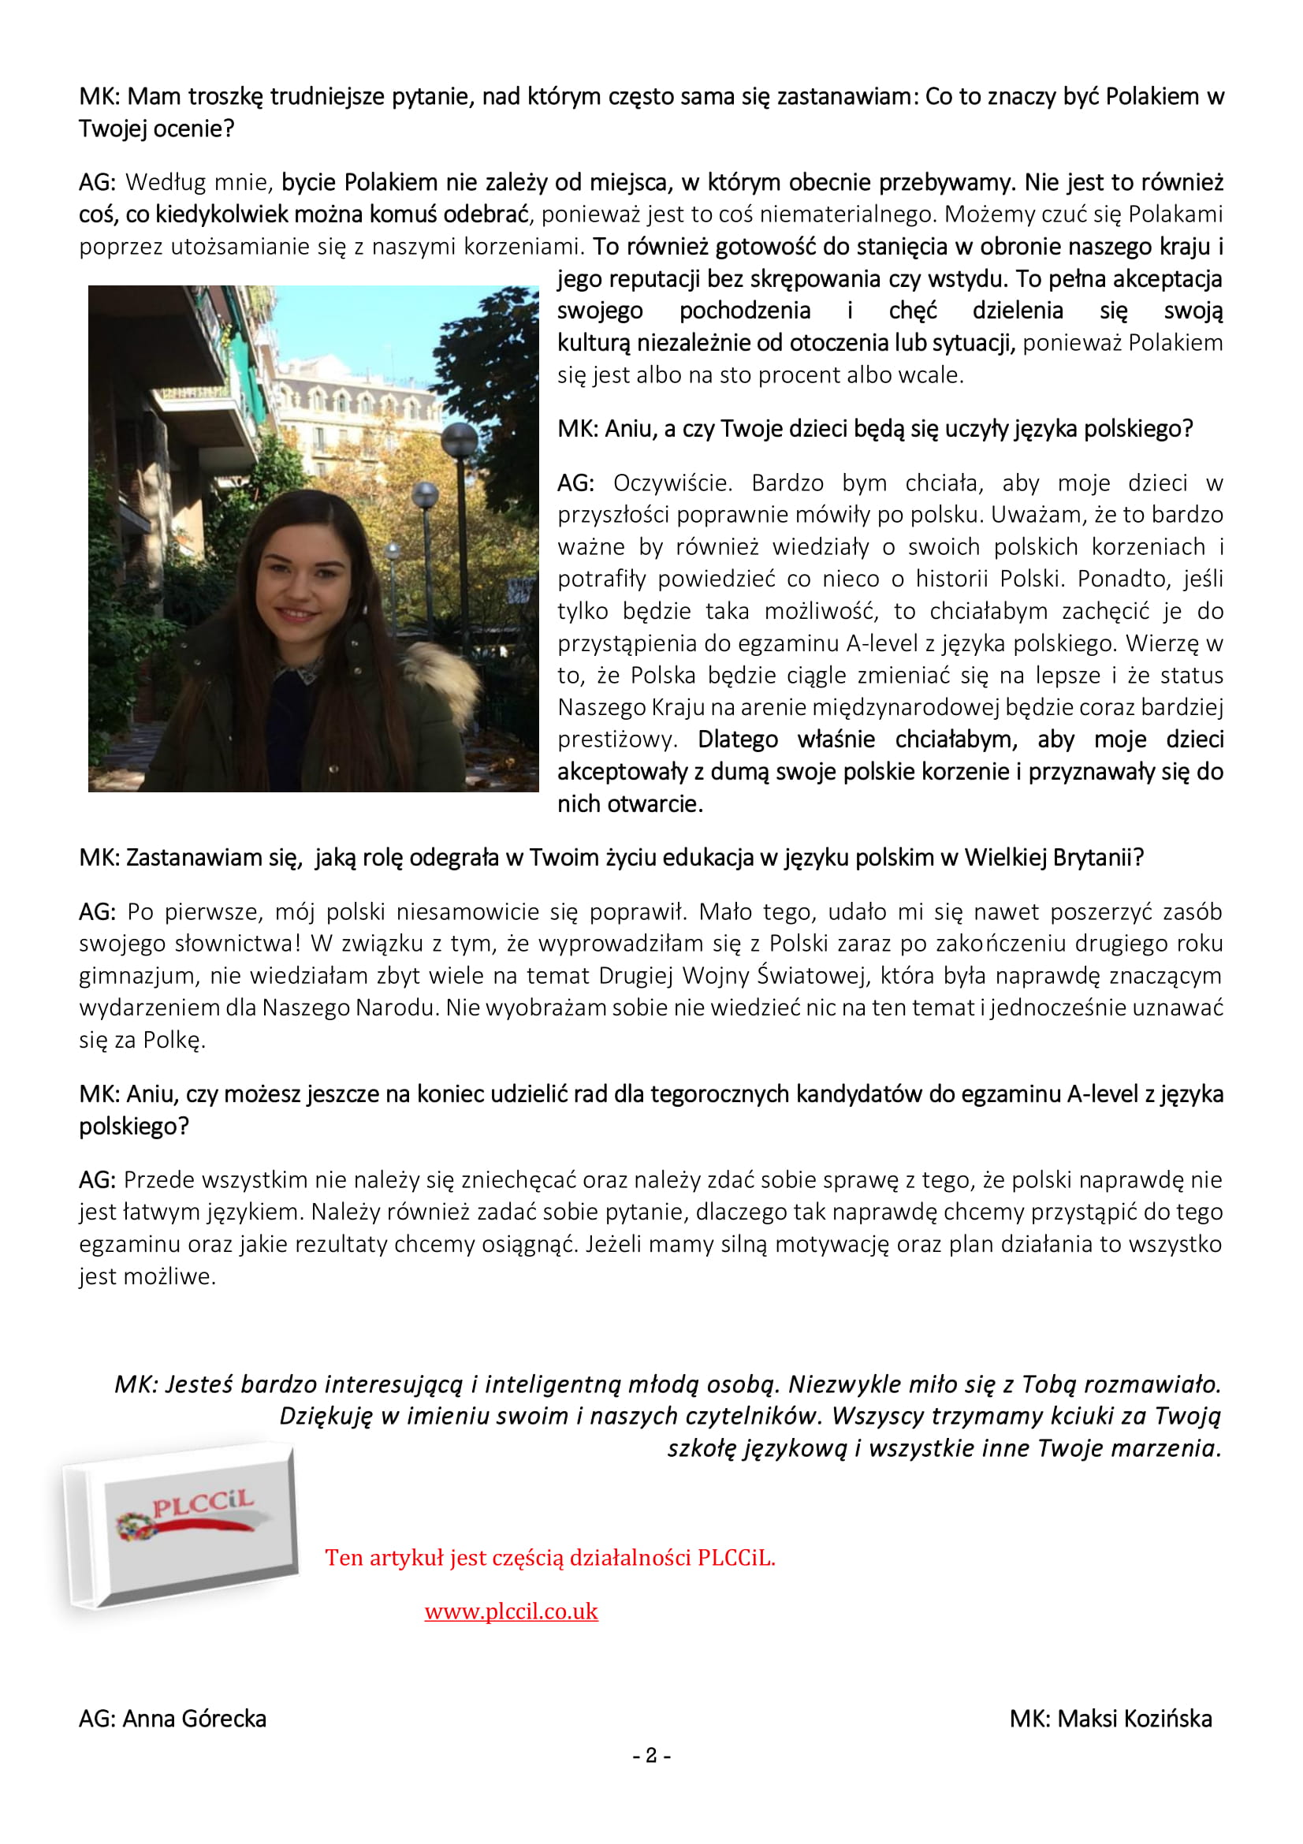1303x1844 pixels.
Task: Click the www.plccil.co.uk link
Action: tap(511, 1611)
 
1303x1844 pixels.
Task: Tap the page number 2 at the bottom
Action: tap(651, 1756)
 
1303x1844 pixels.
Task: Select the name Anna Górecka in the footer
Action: tap(194, 1719)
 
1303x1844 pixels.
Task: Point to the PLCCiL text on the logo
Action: tap(203, 1503)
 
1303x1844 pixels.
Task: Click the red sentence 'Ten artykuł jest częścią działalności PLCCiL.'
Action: tap(550, 1558)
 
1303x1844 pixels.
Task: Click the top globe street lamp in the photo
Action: tap(460, 439)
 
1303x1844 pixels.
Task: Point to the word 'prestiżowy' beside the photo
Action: tap(616, 739)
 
